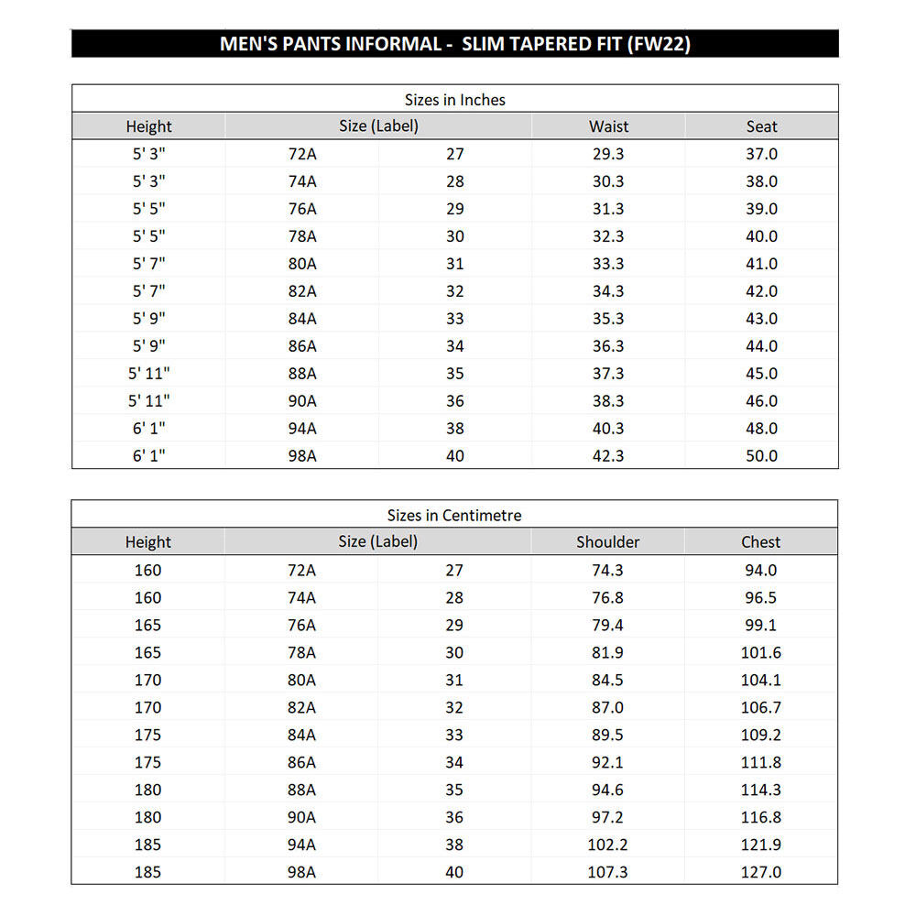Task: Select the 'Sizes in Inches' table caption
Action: [455, 99]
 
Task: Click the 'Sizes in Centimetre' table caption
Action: [454, 515]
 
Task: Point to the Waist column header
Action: [608, 126]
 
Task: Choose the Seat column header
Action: [761, 126]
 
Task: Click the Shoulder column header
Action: [607, 541]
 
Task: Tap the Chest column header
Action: [760, 541]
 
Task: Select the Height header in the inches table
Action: [148, 126]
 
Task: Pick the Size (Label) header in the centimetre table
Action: [377, 541]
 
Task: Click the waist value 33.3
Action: [608, 264]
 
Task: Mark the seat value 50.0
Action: [761, 456]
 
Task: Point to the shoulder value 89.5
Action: [607, 735]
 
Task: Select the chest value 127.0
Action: [760, 872]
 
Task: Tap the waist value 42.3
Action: [608, 456]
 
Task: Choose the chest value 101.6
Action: [760, 652]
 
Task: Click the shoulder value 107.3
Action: [607, 872]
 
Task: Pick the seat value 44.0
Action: [761, 346]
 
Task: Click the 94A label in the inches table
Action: [302, 429]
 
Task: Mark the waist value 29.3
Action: [608, 154]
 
